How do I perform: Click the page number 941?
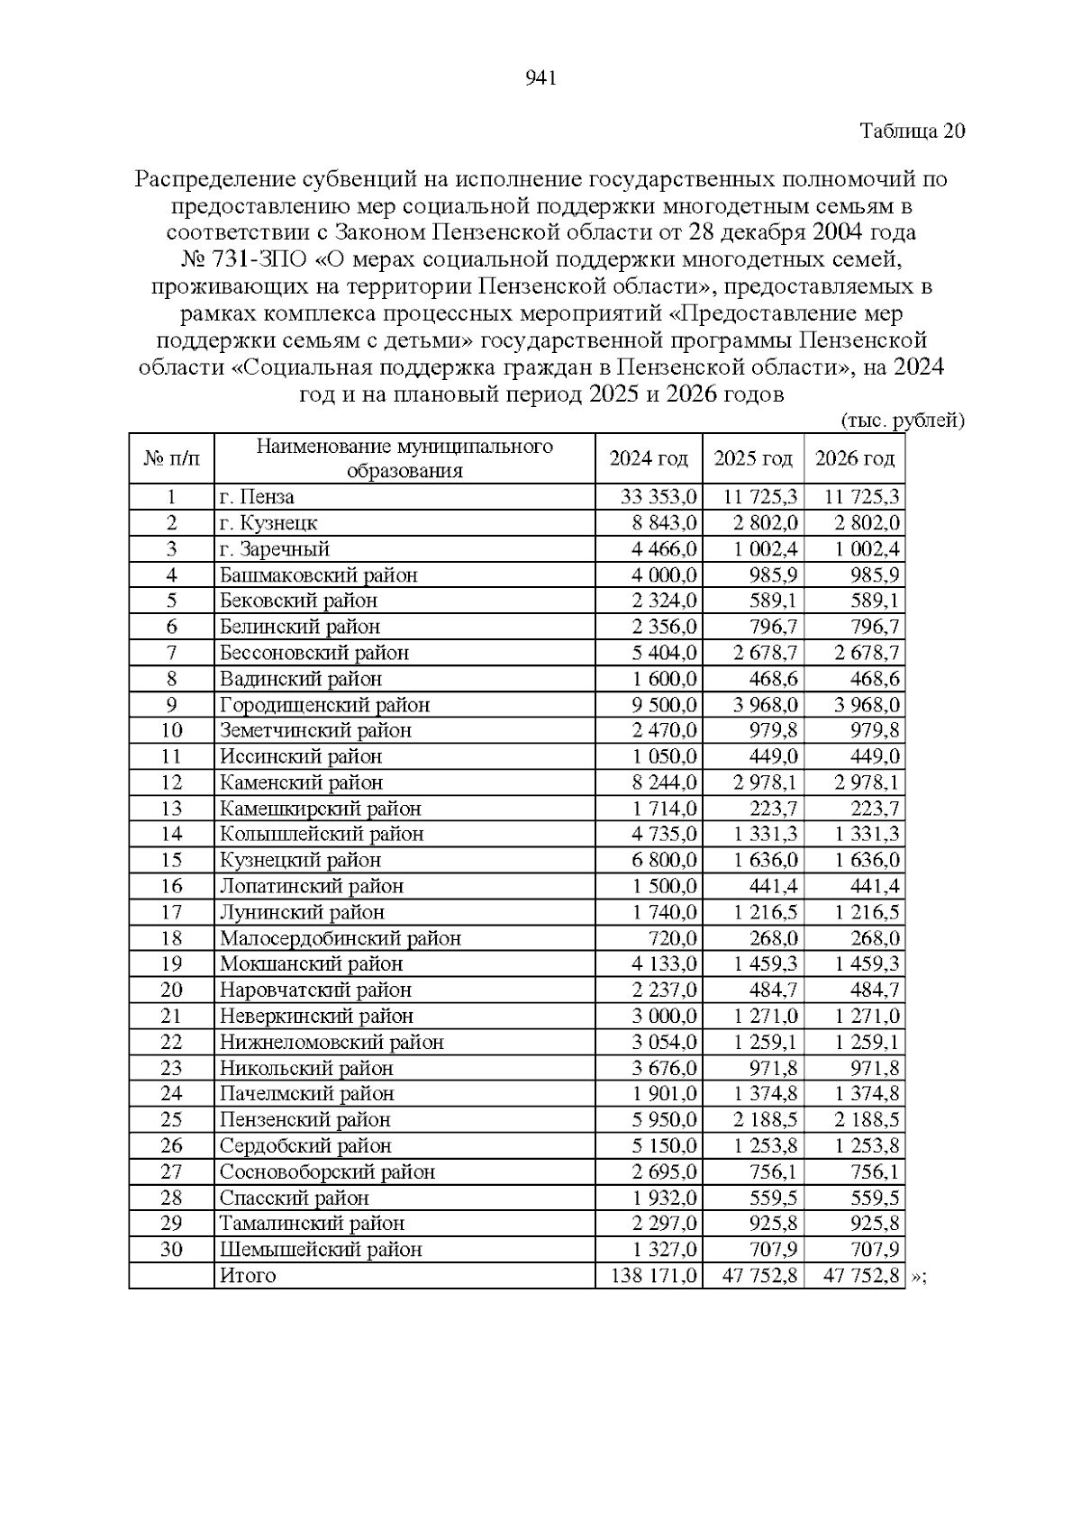click(540, 78)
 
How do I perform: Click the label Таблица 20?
click(912, 131)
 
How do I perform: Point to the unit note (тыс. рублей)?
click(903, 420)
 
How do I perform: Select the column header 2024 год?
click(649, 459)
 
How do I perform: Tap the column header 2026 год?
click(854, 459)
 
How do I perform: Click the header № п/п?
click(171, 459)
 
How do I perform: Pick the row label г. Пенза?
click(258, 497)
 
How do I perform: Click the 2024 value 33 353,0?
click(659, 497)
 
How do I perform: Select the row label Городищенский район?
click(324, 705)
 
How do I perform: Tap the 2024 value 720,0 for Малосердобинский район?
click(674, 938)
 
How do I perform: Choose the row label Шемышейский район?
click(321, 1250)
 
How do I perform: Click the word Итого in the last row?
click(248, 1276)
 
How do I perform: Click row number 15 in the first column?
click(171, 861)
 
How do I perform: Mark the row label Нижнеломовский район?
click(332, 1043)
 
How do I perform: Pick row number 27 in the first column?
click(171, 1172)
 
